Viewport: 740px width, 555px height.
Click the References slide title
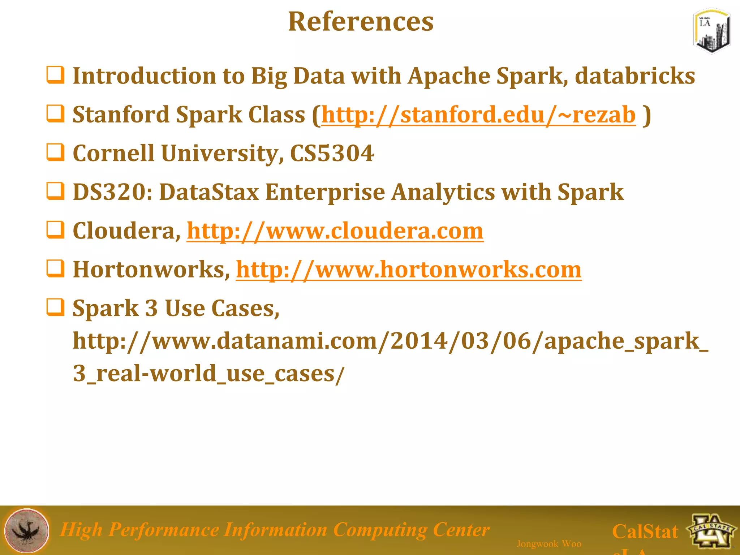pyautogui.click(x=361, y=22)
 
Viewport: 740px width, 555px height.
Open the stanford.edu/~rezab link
pyautogui.click(x=478, y=115)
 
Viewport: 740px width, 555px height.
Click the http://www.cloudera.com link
pyautogui.click(x=335, y=231)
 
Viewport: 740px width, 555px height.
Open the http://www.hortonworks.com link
pyautogui.click(x=409, y=270)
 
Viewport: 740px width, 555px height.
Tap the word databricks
pyautogui.click(x=634, y=76)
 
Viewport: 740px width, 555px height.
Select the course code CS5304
pyautogui.click(x=332, y=153)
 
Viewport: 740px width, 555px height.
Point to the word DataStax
pyautogui.click(x=209, y=192)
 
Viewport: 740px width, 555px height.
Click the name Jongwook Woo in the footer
pyautogui.click(x=549, y=544)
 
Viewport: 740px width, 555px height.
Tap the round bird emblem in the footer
pyautogui.click(x=27, y=530)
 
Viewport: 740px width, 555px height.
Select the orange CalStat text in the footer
pyautogui.click(x=645, y=532)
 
